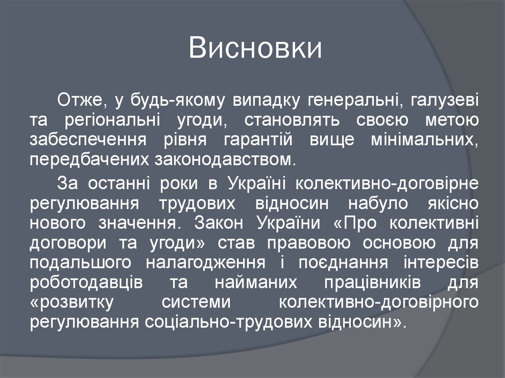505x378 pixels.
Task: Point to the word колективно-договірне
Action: pos(387,183)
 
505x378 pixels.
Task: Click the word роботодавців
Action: pos(86,283)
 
